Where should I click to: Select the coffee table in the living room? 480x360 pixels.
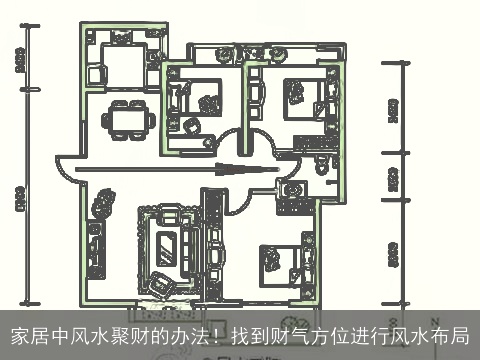coord(167,241)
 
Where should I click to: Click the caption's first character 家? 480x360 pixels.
coord(19,336)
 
